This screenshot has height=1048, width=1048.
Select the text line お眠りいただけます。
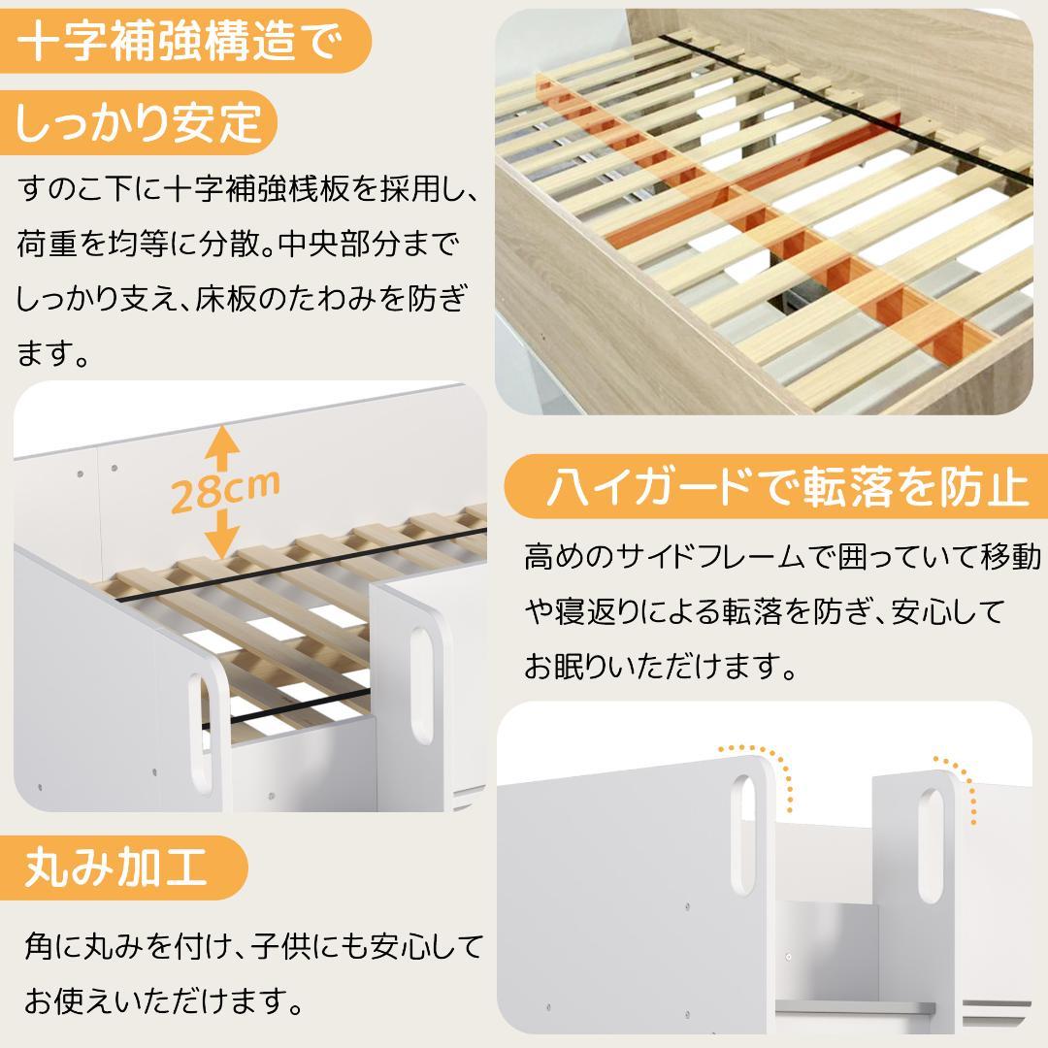click(661, 668)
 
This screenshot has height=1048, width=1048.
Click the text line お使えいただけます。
click(161, 998)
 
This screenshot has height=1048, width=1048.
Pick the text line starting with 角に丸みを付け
click(252, 944)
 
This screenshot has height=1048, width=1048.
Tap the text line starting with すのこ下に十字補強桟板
click(247, 189)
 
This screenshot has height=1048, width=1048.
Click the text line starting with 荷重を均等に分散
click(238, 244)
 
